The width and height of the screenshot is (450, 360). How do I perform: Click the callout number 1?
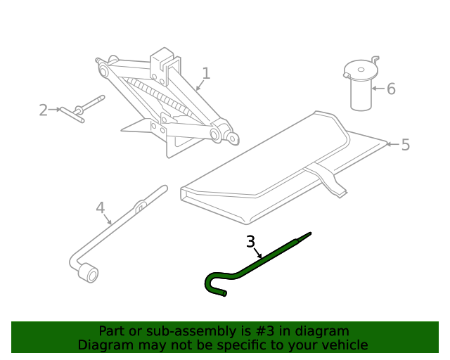[x=206, y=73]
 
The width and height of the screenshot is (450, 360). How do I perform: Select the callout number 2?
[x=44, y=110]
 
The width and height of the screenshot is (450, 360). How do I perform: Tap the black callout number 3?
[x=251, y=242]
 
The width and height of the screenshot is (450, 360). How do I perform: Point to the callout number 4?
[x=100, y=207]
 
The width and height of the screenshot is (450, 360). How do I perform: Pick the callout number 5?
[x=405, y=145]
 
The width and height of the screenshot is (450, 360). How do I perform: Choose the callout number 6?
[x=391, y=89]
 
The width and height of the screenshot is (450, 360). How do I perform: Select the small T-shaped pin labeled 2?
[x=77, y=110]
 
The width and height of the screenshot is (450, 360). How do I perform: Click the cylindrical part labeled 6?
[x=361, y=88]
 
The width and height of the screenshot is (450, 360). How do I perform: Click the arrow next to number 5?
[x=391, y=145]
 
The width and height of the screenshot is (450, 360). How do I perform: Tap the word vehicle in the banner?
[x=344, y=345]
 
